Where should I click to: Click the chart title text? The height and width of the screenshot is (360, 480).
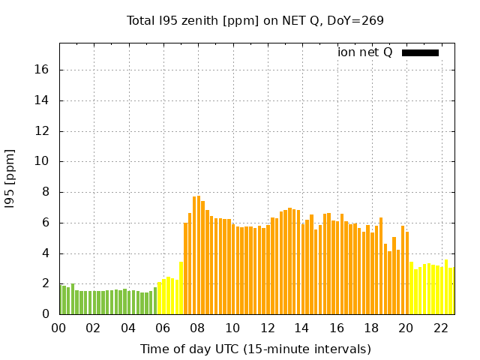pyautogui.click(x=255, y=20)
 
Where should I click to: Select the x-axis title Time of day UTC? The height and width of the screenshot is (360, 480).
pyautogui.click(x=255, y=349)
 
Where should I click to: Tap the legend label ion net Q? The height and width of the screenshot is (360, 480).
pyautogui.click(x=365, y=52)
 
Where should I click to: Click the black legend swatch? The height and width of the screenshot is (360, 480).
pyautogui.click(x=420, y=52)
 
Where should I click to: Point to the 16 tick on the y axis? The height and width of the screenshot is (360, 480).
pyautogui.click(x=42, y=70)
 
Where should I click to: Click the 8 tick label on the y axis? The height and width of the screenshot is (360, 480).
pyautogui.click(x=46, y=192)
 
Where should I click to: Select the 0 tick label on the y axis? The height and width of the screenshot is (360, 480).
pyautogui.click(x=46, y=314)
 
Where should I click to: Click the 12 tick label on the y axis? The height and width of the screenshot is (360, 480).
pyautogui.click(x=42, y=131)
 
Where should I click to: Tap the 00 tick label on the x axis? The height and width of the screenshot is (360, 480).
pyautogui.click(x=59, y=328)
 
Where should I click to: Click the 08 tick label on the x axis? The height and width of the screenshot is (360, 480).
pyautogui.click(x=197, y=328)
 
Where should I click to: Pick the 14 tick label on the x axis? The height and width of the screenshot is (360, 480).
pyautogui.click(x=301, y=328)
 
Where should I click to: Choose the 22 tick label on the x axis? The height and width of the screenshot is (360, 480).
pyautogui.click(x=440, y=328)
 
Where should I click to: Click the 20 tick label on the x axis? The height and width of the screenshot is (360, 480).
pyautogui.click(x=406, y=328)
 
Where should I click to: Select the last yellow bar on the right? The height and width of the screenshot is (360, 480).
pyautogui.click(x=451, y=291)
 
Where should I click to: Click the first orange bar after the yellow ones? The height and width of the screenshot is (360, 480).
pyautogui.click(x=185, y=268)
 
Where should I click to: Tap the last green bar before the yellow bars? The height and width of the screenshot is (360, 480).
pyautogui.click(x=155, y=301)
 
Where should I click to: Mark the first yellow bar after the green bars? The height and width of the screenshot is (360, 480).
pyautogui.click(x=160, y=298)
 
